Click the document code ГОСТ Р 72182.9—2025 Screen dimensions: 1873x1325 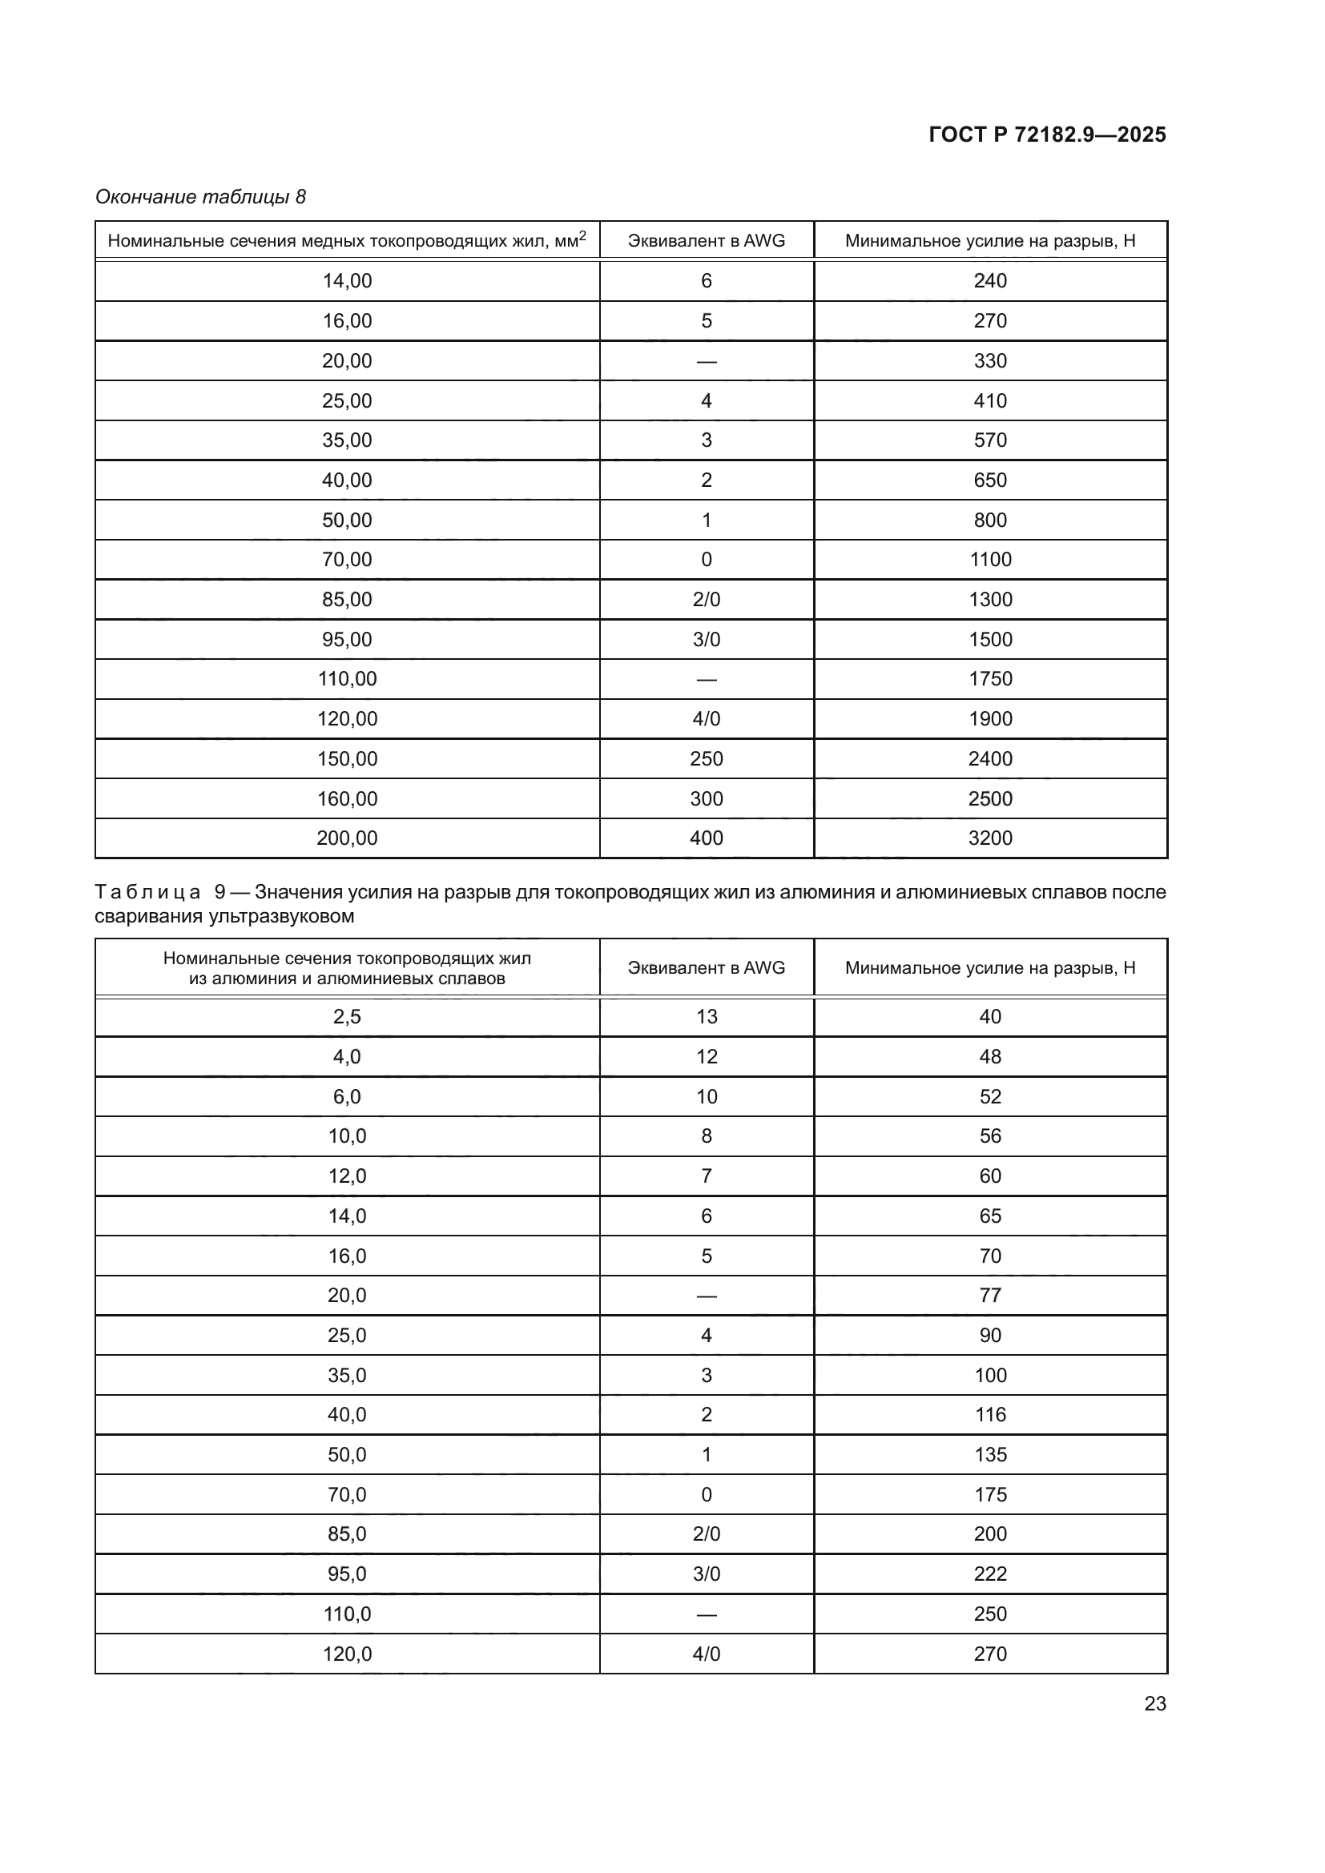coord(1047,135)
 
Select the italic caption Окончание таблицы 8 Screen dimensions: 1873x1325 coord(201,197)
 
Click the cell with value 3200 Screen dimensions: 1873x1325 coord(989,838)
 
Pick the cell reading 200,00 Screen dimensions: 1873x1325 coord(347,838)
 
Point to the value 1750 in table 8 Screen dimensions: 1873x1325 coord(989,679)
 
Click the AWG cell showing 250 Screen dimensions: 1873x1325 coord(706,758)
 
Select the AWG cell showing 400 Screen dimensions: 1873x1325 coord(706,838)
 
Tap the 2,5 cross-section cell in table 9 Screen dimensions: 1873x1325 coord(347,1016)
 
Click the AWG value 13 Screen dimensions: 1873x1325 coord(706,1016)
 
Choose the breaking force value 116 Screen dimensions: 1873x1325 coord(989,1414)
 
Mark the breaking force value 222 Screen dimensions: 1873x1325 coord(989,1574)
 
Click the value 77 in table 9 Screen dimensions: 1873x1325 coord(989,1296)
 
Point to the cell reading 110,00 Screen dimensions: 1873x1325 coord(347,679)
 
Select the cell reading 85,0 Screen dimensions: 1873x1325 coord(347,1533)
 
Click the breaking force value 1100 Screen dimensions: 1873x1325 coord(989,560)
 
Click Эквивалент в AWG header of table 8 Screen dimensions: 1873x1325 coord(706,241)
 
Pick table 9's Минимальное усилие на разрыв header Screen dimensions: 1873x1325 coord(989,967)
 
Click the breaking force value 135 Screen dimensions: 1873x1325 coord(989,1454)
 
